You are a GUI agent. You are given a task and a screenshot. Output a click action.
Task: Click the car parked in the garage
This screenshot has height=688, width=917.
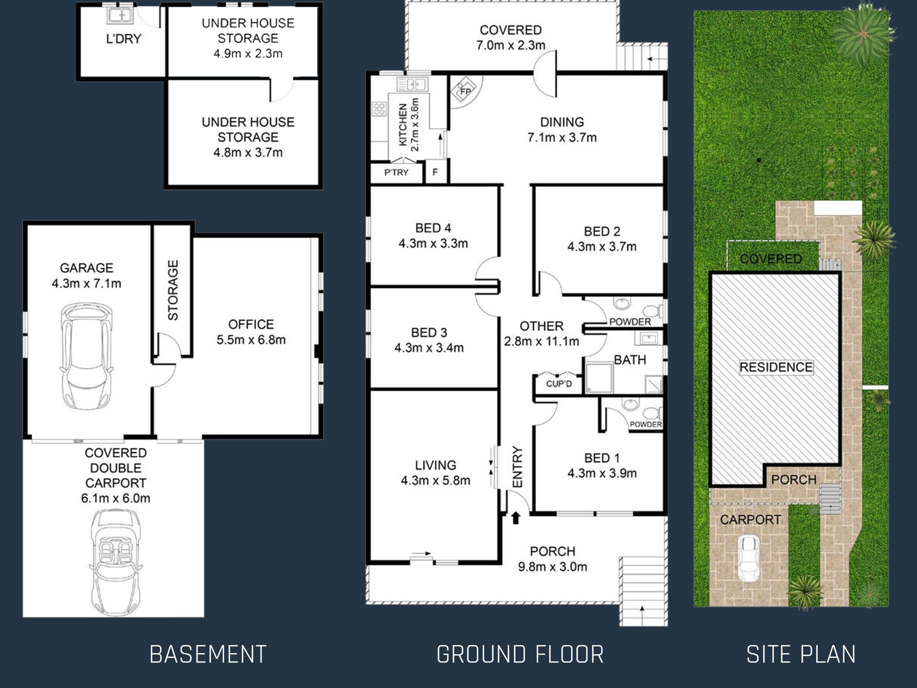coord(87,356)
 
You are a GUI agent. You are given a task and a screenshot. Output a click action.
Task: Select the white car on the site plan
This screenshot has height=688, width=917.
coord(749,559)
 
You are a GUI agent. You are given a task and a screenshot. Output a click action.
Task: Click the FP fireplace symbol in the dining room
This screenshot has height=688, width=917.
coord(464,91)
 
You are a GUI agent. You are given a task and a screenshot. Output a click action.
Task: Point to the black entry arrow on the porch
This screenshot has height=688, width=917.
coord(516,518)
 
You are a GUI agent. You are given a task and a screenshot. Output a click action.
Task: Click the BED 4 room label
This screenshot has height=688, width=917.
coord(433,228)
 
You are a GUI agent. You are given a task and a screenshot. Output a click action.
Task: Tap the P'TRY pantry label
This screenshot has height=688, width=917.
coord(396,172)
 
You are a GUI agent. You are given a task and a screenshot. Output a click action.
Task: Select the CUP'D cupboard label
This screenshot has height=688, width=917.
coord(559,384)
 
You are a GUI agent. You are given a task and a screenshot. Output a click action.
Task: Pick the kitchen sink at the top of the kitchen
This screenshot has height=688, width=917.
coord(412,84)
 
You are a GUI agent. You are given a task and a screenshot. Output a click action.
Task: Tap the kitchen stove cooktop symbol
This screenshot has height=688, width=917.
coord(379,109)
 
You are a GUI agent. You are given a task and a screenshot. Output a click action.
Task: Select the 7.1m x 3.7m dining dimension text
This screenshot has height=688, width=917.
coord(562,138)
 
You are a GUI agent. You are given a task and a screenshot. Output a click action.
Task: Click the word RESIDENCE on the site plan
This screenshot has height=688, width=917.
coord(776,367)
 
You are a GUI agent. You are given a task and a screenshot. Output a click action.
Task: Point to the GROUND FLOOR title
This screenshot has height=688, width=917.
coord(520,655)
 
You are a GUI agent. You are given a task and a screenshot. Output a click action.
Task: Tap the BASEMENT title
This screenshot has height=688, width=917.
coord(208,655)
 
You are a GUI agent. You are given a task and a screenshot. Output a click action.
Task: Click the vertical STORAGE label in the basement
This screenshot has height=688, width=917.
coord(173,290)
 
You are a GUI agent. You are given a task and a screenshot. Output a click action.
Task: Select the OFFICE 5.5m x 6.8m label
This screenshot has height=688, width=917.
coord(251,332)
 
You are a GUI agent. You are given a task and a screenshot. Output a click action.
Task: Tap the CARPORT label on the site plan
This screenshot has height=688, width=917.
coord(750,520)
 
